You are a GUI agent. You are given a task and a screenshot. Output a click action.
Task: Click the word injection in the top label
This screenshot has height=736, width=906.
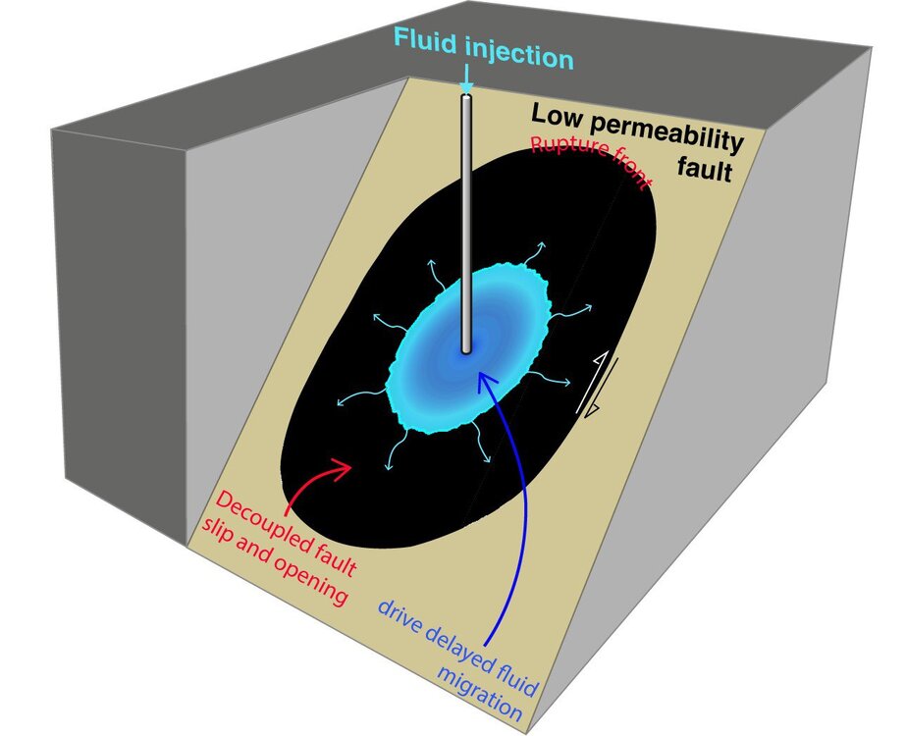[519, 57]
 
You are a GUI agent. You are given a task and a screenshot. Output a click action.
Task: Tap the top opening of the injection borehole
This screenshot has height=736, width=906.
[467, 94]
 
